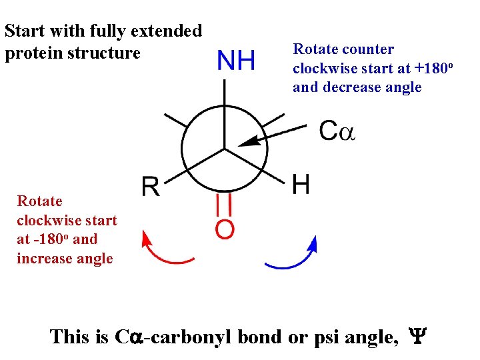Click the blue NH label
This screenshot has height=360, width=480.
point(237,61)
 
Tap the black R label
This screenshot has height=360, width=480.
point(150,187)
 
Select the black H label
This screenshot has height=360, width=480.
point(301,183)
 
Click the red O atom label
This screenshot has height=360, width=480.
point(225,229)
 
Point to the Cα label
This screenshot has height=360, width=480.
point(337,131)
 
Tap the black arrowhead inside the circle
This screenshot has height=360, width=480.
point(248,141)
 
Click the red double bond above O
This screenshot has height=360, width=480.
point(225,204)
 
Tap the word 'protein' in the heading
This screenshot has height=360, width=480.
point(31,53)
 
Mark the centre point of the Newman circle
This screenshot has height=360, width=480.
point(224,148)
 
